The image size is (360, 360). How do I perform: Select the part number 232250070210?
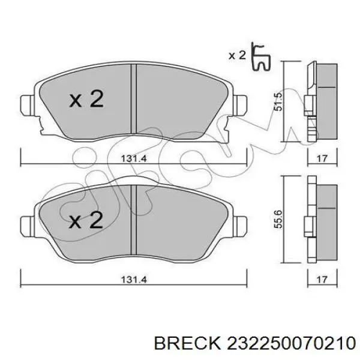pos(288,343)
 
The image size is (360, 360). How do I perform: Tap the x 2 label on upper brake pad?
pos(86,100)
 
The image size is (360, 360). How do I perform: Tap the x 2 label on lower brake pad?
pos(86,221)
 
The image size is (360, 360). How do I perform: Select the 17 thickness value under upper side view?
pos(322,158)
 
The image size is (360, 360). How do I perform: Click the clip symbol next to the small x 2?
pos(262,56)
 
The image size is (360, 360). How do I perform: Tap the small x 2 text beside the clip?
pos(238,56)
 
